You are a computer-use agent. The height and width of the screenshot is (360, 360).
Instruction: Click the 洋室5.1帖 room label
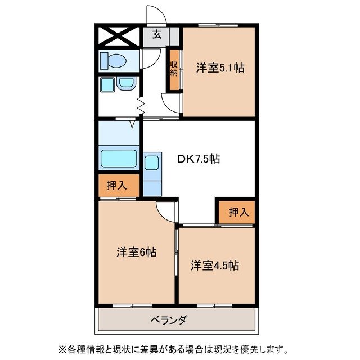[x=220, y=68]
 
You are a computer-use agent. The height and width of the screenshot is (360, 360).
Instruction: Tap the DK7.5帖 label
[x=198, y=159]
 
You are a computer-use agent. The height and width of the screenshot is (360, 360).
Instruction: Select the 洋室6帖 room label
[x=136, y=253]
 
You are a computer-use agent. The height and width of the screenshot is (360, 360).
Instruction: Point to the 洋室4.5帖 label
[x=214, y=265]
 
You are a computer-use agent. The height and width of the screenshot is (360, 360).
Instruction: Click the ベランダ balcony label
[x=169, y=320]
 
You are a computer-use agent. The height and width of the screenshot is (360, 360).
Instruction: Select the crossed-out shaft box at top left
[x=119, y=36]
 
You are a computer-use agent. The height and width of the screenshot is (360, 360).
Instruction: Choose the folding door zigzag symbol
[x=141, y=105]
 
